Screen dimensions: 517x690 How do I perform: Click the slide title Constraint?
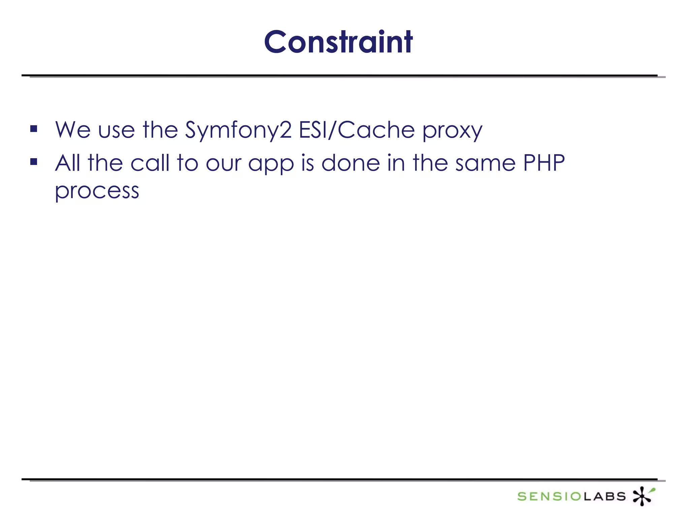pyautogui.click(x=338, y=42)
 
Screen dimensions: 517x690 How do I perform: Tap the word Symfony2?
pyautogui.click(x=238, y=130)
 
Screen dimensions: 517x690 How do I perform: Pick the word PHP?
pyautogui.click(x=544, y=163)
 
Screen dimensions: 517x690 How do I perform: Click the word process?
pyautogui.click(x=97, y=191)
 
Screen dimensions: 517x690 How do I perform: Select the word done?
pyautogui.click(x=350, y=163)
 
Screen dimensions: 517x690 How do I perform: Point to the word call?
pyautogui.click(x=150, y=163)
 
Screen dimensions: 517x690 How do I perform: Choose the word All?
pyautogui.click(x=67, y=163)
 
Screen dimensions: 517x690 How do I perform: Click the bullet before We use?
pyautogui.click(x=34, y=129)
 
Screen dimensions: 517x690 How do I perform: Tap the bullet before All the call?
pyautogui.click(x=34, y=162)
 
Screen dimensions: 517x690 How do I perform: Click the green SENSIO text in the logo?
pyautogui.click(x=549, y=496)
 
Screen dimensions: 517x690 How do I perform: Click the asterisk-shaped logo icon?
pyautogui.click(x=642, y=495)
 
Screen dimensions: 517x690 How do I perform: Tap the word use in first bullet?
pyautogui.click(x=116, y=130)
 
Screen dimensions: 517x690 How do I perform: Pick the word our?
pyautogui.click(x=223, y=164)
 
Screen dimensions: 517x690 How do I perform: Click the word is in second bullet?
pyautogui.click(x=307, y=163)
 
